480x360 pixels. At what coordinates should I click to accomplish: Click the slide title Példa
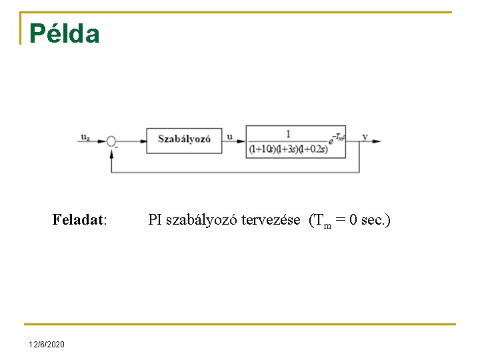[65, 34]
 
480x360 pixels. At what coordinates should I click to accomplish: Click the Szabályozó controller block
[184, 140]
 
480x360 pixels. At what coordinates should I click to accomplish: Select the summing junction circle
[111, 141]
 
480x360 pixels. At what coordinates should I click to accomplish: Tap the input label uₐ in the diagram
[85, 137]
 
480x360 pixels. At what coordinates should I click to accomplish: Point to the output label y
[365, 137]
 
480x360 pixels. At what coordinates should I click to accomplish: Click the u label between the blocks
[230, 137]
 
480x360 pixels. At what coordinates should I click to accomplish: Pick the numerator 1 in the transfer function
[288, 133]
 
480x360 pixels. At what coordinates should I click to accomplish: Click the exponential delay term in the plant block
[337, 137]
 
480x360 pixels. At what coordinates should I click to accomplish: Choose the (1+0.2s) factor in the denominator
[314, 149]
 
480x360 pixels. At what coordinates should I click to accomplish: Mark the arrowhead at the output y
[378, 141]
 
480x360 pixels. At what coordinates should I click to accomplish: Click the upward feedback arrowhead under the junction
[111, 151]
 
